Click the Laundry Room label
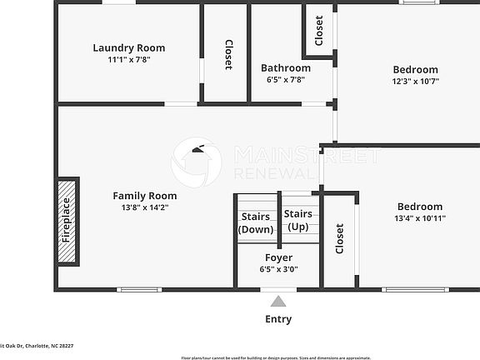[x=128, y=47]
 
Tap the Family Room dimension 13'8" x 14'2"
[x=145, y=208]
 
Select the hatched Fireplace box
[x=67, y=222]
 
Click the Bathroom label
[x=285, y=68]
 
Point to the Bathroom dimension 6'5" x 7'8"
[x=285, y=80]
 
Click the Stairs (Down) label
[x=255, y=222]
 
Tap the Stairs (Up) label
[x=298, y=220]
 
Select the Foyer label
[x=278, y=257]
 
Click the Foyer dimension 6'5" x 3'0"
[x=278, y=269]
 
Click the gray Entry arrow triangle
[x=278, y=301]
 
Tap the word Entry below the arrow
[x=278, y=319]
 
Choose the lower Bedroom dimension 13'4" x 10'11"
[x=419, y=218]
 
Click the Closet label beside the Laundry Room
[x=227, y=55]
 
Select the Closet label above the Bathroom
[x=318, y=30]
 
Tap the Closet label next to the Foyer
[x=339, y=238]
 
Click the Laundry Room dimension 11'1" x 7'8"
[x=128, y=59]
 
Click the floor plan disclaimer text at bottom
[x=276, y=357]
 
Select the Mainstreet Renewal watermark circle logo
[x=197, y=162]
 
